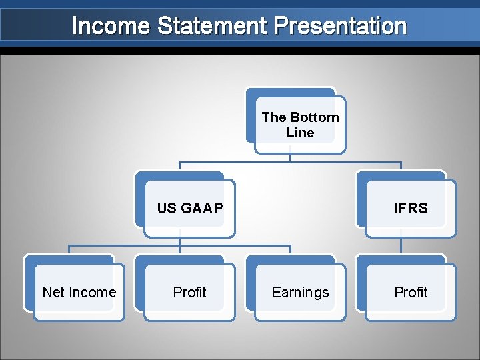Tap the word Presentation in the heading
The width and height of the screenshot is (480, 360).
[x=340, y=26]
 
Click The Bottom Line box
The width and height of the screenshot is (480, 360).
[x=300, y=125]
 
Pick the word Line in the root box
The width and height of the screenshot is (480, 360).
[x=300, y=133]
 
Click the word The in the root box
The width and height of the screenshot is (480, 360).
[x=273, y=117]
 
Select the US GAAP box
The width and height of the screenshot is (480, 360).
[x=190, y=208]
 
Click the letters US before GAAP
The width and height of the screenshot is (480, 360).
[x=166, y=208]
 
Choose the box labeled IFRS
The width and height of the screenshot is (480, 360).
[x=411, y=208]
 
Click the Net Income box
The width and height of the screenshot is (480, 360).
[x=79, y=292]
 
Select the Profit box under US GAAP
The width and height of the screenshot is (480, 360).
[x=189, y=292]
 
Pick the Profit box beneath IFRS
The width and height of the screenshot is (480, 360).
[x=411, y=292]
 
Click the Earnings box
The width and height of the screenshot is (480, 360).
[x=300, y=292]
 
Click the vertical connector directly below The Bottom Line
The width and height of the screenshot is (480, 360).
[x=290, y=157]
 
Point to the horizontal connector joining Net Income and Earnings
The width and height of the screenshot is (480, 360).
[x=180, y=245]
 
